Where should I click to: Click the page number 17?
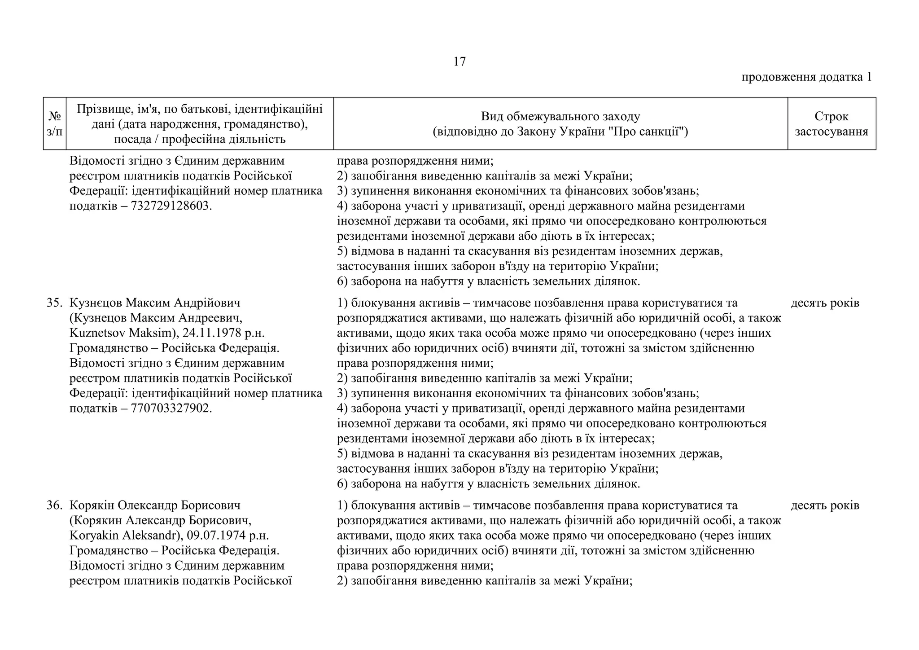click(x=459, y=61)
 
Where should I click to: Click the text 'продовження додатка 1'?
click(x=806, y=77)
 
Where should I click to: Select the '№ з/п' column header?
click(x=54, y=123)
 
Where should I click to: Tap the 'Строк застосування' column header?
click(x=831, y=123)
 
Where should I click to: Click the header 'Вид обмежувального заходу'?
click(x=560, y=117)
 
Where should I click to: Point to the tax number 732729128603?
click(x=171, y=206)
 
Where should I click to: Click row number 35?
click(x=54, y=303)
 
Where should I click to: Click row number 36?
click(x=54, y=505)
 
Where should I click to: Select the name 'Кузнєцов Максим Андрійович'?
click(x=155, y=303)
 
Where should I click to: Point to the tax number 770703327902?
click(x=171, y=408)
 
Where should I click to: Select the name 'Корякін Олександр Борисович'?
click(x=155, y=505)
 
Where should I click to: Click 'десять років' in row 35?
click(x=825, y=303)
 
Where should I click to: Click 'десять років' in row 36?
click(x=825, y=505)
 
